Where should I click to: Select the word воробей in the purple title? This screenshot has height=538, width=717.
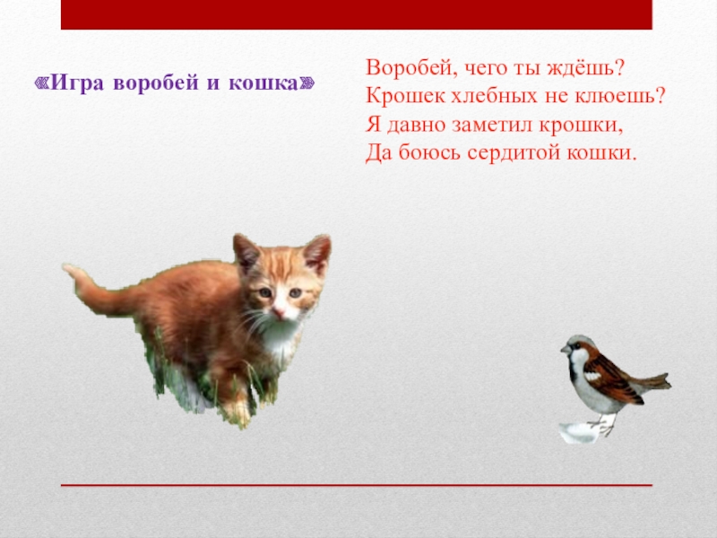click(x=161, y=83)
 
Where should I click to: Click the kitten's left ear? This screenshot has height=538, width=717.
click(x=246, y=253)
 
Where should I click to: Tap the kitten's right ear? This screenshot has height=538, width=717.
click(x=316, y=254)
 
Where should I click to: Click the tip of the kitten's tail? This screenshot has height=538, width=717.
click(x=69, y=270)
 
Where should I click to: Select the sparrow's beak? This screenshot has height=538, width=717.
click(x=565, y=351)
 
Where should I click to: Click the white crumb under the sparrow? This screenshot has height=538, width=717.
click(x=577, y=433)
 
